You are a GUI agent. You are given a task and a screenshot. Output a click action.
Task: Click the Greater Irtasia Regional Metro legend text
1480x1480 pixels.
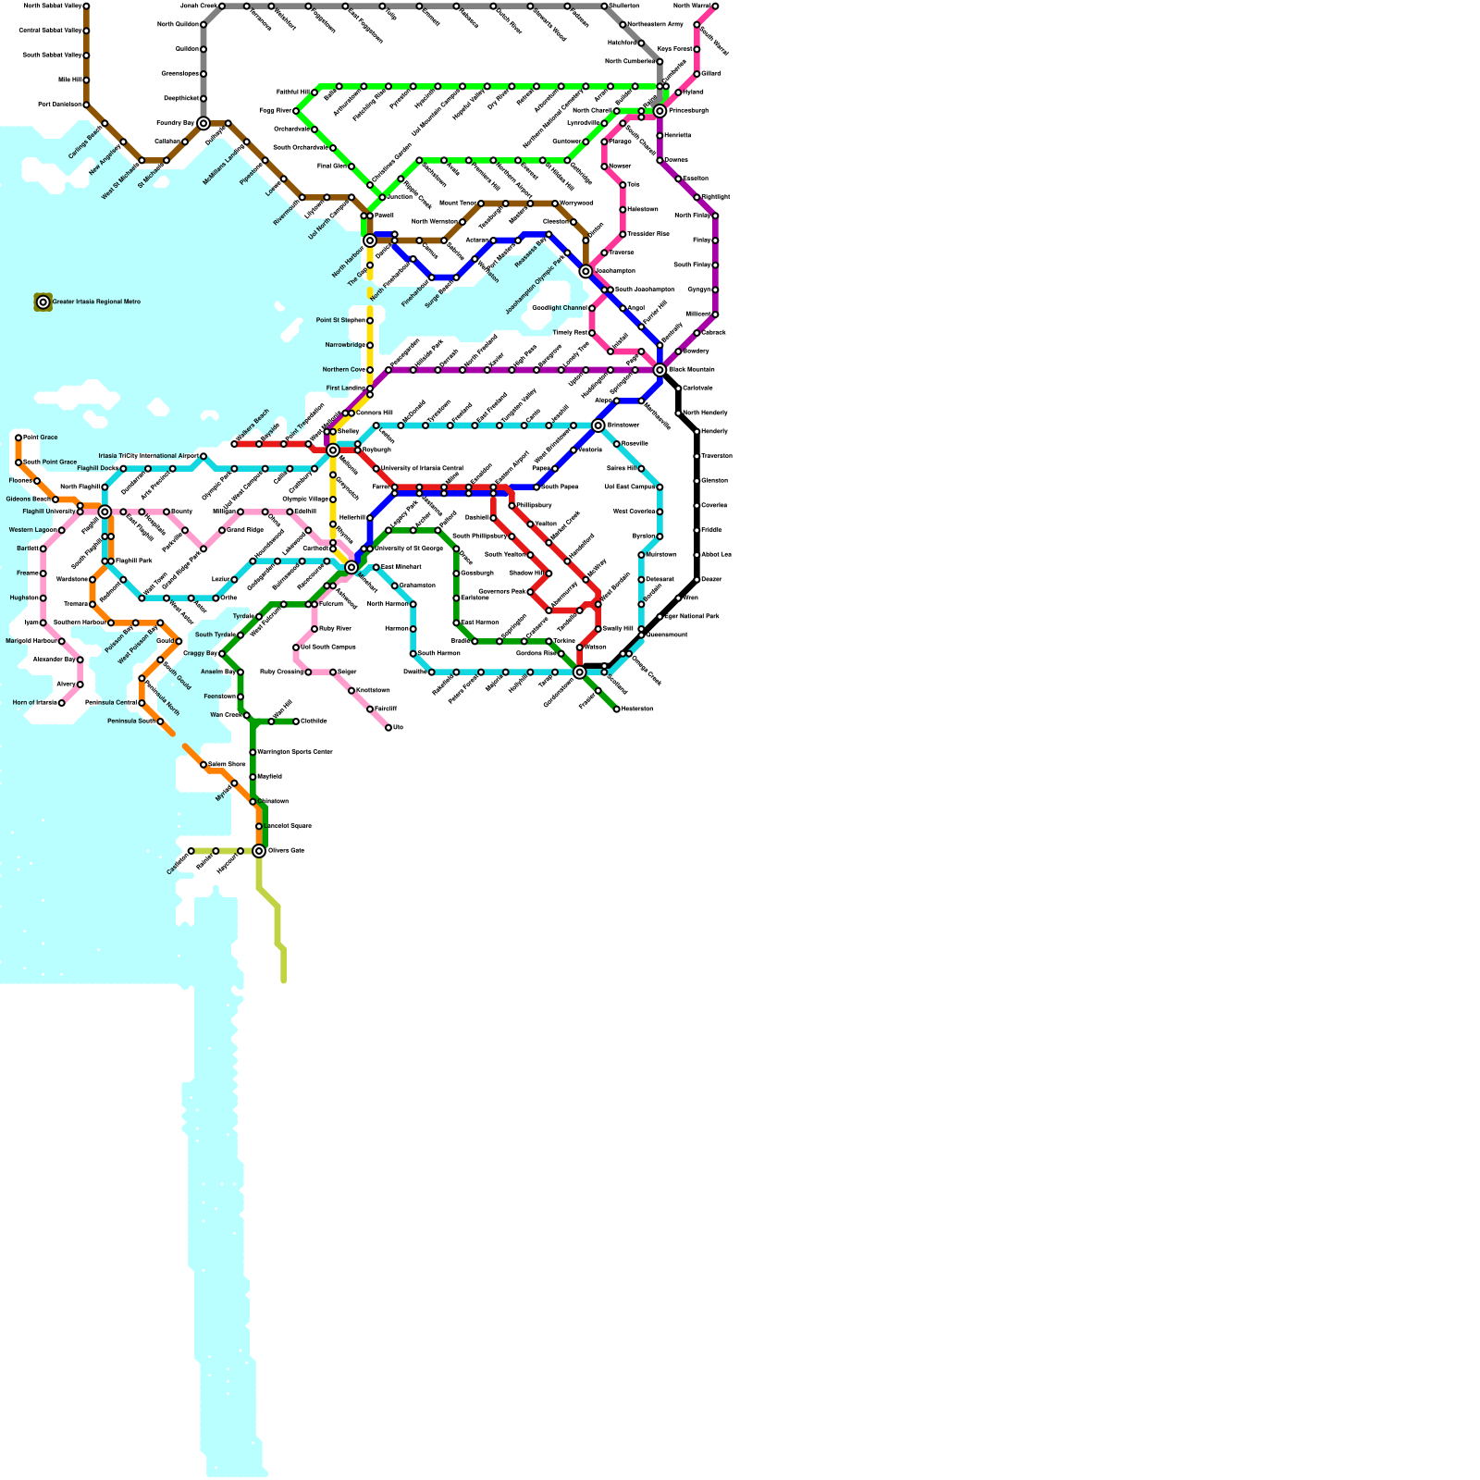click(96, 302)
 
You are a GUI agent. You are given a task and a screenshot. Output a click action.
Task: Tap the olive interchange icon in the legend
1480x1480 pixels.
click(43, 302)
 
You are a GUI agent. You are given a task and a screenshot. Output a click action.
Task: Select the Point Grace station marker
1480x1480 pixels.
click(18, 438)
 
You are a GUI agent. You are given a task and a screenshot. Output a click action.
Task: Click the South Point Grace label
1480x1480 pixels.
click(49, 462)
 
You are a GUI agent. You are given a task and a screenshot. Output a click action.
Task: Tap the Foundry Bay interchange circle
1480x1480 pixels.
click(203, 123)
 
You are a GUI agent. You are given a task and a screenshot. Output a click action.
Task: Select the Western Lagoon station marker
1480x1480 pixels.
click(62, 530)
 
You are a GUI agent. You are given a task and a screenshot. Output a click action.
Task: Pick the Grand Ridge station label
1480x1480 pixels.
click(245, 530)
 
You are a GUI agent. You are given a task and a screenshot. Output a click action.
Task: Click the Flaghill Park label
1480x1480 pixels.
click(134, 561)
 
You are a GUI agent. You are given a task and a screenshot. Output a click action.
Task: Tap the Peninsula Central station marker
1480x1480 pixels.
click(142, 703)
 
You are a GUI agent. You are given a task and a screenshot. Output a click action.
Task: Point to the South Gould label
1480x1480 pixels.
click(177, 676)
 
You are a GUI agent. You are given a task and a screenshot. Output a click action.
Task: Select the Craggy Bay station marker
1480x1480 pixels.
click(222, 654)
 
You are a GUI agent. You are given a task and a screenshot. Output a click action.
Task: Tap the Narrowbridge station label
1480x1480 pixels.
click(345, 345)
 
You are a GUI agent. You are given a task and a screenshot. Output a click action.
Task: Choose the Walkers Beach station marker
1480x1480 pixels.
click(235, 444)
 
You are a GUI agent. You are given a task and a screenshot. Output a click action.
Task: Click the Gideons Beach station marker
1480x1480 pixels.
click(55, 499)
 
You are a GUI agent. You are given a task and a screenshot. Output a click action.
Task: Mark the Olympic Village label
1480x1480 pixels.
click(305, 499)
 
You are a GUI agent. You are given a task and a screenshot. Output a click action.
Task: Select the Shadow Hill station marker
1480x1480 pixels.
click(549, 573)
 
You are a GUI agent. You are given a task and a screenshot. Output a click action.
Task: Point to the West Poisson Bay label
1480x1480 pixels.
click(137, 646)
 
